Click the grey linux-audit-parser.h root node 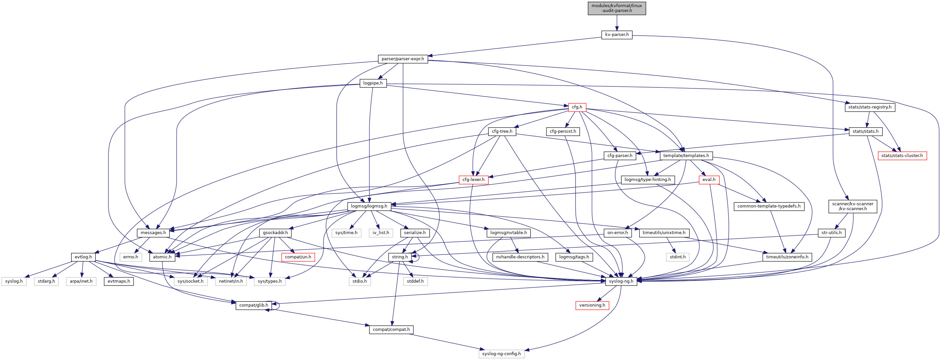(617, 8)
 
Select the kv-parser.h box (617, 35)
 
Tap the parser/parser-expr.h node (402, 59)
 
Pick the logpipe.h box (373, 83)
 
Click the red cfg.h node (577, 107)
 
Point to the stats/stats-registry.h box (870, 107)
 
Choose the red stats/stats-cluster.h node (902, 156)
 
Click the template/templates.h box (686, 156)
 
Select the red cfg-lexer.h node (474, 180)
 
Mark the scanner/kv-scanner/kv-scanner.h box (853, 206)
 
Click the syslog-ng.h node (621, 281)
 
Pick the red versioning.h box (592, 305)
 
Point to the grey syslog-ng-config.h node (501, 354)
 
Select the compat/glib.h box (254, 305)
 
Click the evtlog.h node (83, 257)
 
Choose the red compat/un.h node (298, 257)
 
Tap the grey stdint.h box (678, 257)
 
